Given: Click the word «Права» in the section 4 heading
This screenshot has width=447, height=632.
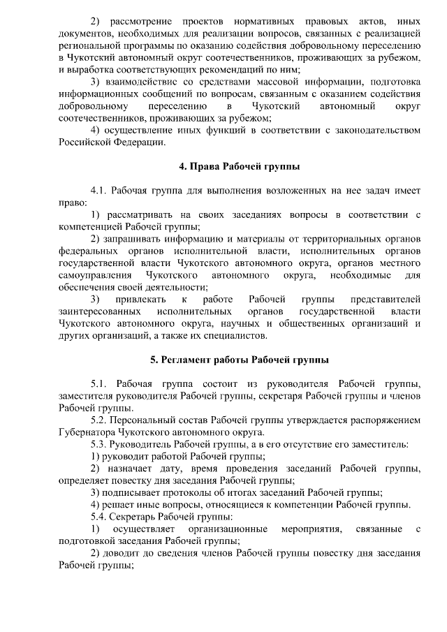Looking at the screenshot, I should (x=203, y=167).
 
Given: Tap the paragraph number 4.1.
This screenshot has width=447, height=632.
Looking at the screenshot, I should (x=100, y=191).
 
